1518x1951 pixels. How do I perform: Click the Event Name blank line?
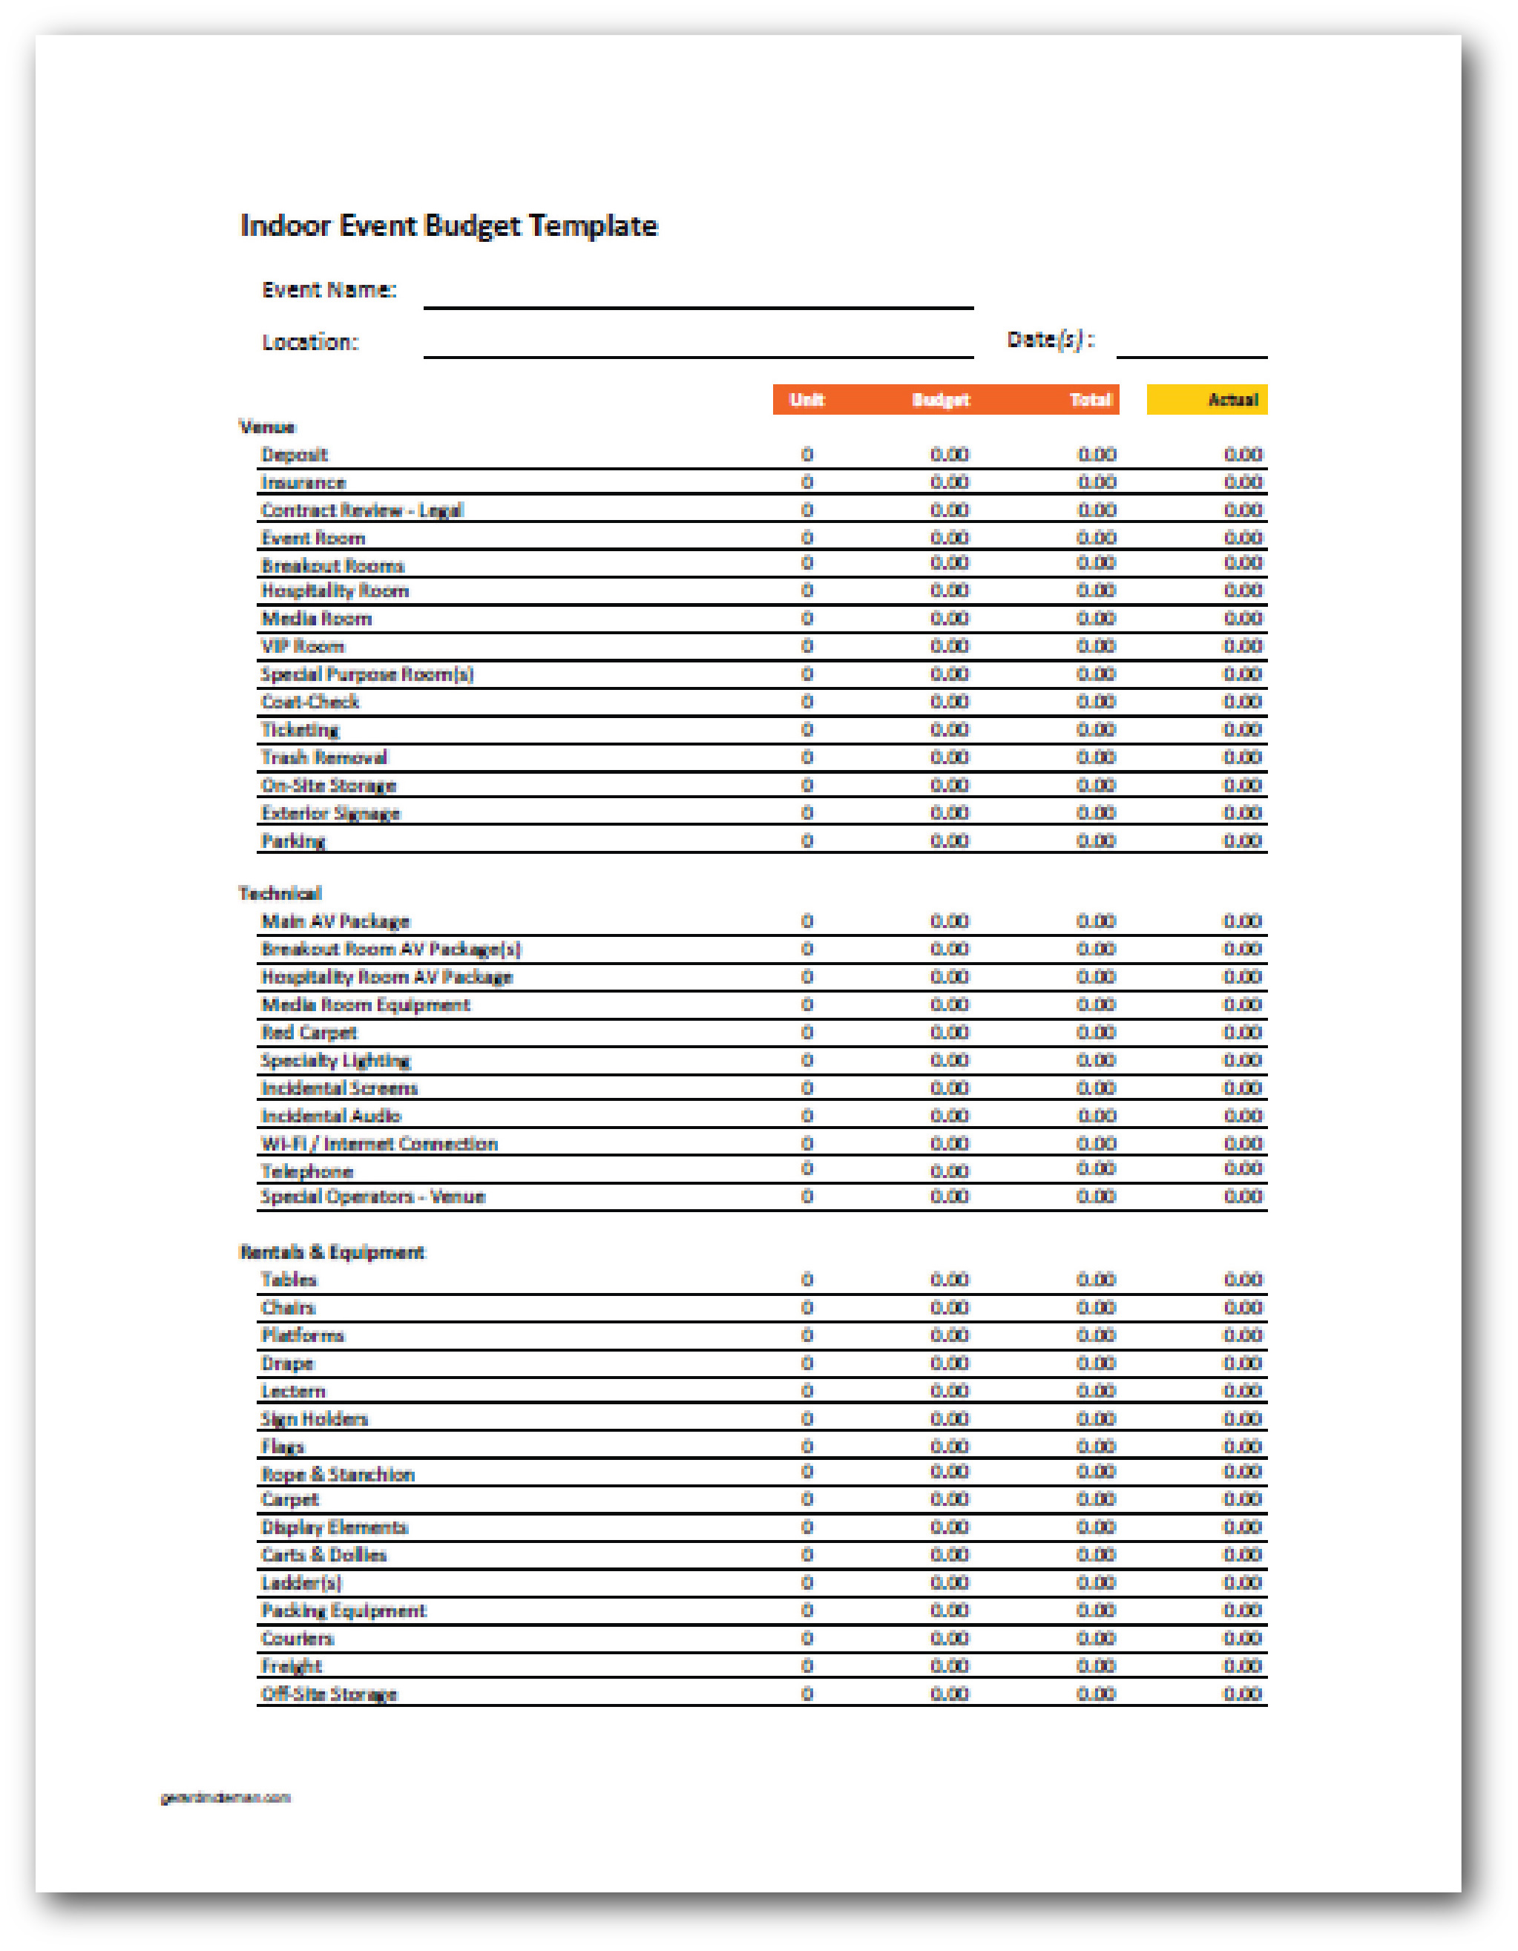[698, 299]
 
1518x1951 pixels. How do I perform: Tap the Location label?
[309, 342]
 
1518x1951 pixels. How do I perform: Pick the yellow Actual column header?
[1207, 399]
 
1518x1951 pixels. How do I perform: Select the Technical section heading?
[280, 893]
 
